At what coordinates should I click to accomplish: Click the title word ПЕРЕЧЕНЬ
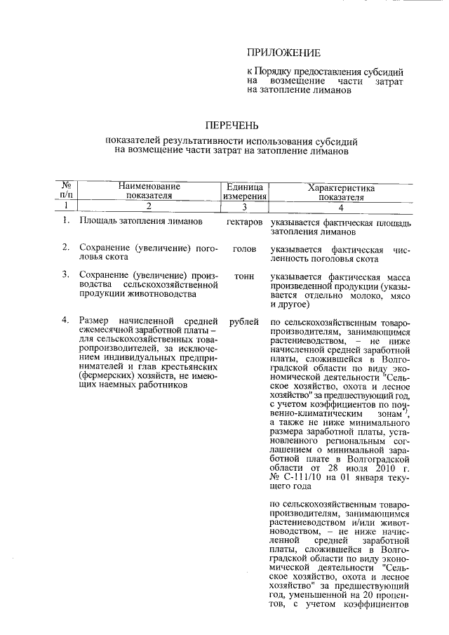(x=232, y=126)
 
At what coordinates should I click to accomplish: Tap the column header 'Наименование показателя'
(x=149, y=192)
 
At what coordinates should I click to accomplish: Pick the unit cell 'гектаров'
(x=245, y=222)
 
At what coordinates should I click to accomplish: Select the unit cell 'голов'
(x=243, y=249)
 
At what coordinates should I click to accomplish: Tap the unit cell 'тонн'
(x=243, y=276)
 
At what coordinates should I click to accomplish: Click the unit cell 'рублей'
(x=243, y=322)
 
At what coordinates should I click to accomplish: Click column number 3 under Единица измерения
(x=243, y=207)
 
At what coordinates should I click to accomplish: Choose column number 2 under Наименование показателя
(x=149, y=207)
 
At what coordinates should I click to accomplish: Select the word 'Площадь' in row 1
(x=98, y=222)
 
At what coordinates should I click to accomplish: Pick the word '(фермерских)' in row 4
(x=108, y=377)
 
